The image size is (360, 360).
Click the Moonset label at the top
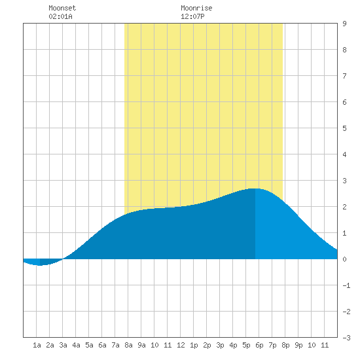[62, 8]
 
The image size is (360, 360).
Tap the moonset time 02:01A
[61, 16]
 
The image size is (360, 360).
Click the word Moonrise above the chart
[196, 8]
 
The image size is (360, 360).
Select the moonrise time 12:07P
[192, 16]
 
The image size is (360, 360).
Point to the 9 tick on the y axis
[344, 24]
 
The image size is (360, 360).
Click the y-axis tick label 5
[344, 128]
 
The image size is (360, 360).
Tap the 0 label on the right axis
[344, 259]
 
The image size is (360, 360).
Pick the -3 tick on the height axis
[347, 338]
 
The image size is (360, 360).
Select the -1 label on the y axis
[347, 285]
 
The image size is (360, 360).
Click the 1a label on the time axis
[37, 345]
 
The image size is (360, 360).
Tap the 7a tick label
[115, 345]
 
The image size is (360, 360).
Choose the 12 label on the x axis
[181, 345]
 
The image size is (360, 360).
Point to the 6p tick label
[259, 345]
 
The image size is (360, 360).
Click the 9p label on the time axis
[298, 345]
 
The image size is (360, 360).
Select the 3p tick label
[220, 345]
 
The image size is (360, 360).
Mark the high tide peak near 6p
[255, 189]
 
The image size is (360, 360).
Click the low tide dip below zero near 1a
[40, 265]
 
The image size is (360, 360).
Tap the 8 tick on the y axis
[344, 50]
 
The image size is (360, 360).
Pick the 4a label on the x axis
[76, 345]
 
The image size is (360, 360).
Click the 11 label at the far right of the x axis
[325, 345]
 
